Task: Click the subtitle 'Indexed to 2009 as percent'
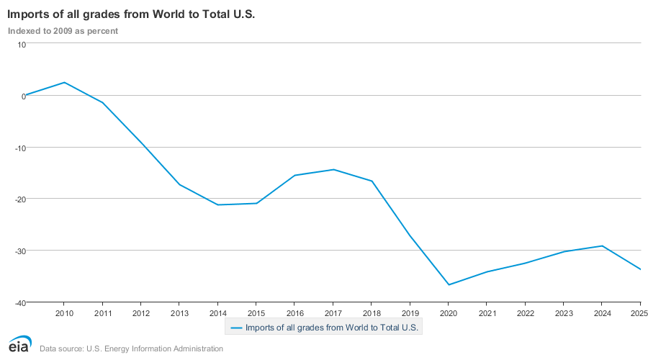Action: (x=63, y=31)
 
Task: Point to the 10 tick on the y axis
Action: (x=22, y=44)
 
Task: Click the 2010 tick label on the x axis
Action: (x=64, y=313)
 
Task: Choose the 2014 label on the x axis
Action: (x=217, y=313)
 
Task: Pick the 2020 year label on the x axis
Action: (x=448, y=313)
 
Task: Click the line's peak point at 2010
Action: (x=64, y=82)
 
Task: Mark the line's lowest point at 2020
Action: (x=448, y=284)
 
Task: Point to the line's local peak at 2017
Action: (x=333, y=169)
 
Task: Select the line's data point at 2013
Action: (x=179, y=185)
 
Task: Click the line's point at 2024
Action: (x=602, y=246)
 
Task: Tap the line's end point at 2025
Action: (x=640, y=269)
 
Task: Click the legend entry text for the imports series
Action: (x=332, y=328)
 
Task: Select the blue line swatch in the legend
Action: (x=235, y=328)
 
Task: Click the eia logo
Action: (x=19, y=344)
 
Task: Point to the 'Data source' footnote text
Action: (x=131, y=348)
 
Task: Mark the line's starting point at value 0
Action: (x=26, y=95)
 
